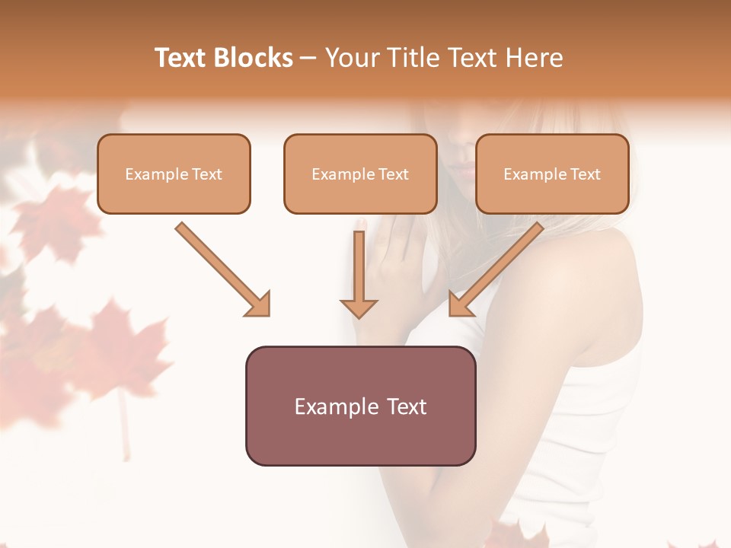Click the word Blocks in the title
pos(254,58)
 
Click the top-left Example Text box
pos(174,174)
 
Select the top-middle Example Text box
pos(360,174)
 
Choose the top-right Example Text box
pos(552,174)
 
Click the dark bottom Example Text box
pos(360,406)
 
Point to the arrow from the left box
pos(221,268)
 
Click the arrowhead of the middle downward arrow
pos(359,307)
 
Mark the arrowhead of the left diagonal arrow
pos(259,304)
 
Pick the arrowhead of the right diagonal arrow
pos(460,304)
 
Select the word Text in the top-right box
pos(585,174)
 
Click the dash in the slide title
pos(308,59)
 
